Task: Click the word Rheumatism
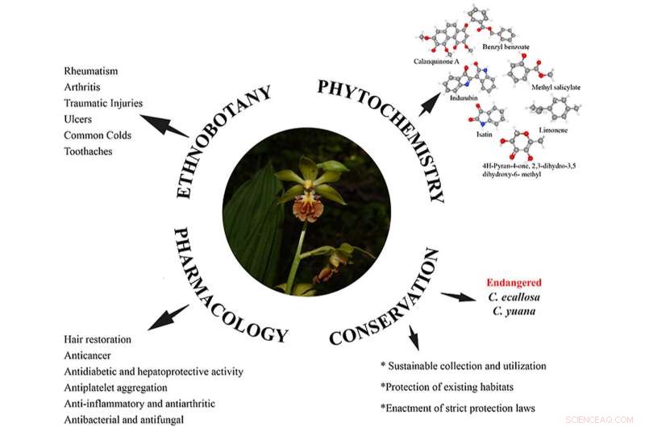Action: [x=90, y=71]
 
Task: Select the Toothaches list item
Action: [x=88, y=151]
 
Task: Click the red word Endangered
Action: [x=514, y=283]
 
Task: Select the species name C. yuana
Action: [x=514, y=310]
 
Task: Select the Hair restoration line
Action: [x=98, y=339]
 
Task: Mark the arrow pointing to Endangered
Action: [x=459, y=296]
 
